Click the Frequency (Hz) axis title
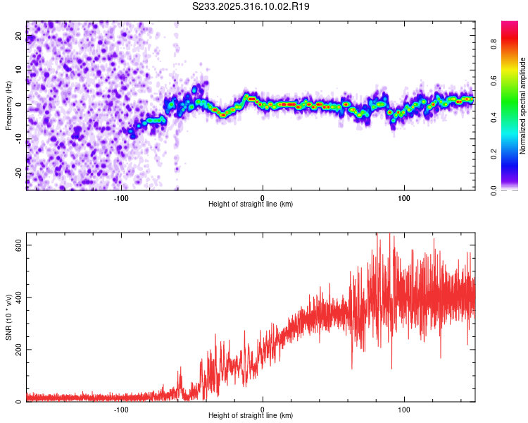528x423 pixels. point(8,106)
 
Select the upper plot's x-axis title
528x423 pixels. point(251,204)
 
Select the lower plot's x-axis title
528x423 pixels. point(251,415)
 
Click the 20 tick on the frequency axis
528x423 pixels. point(18,37)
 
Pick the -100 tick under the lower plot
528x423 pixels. point(121,409)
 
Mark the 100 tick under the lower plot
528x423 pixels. point(404,409)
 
